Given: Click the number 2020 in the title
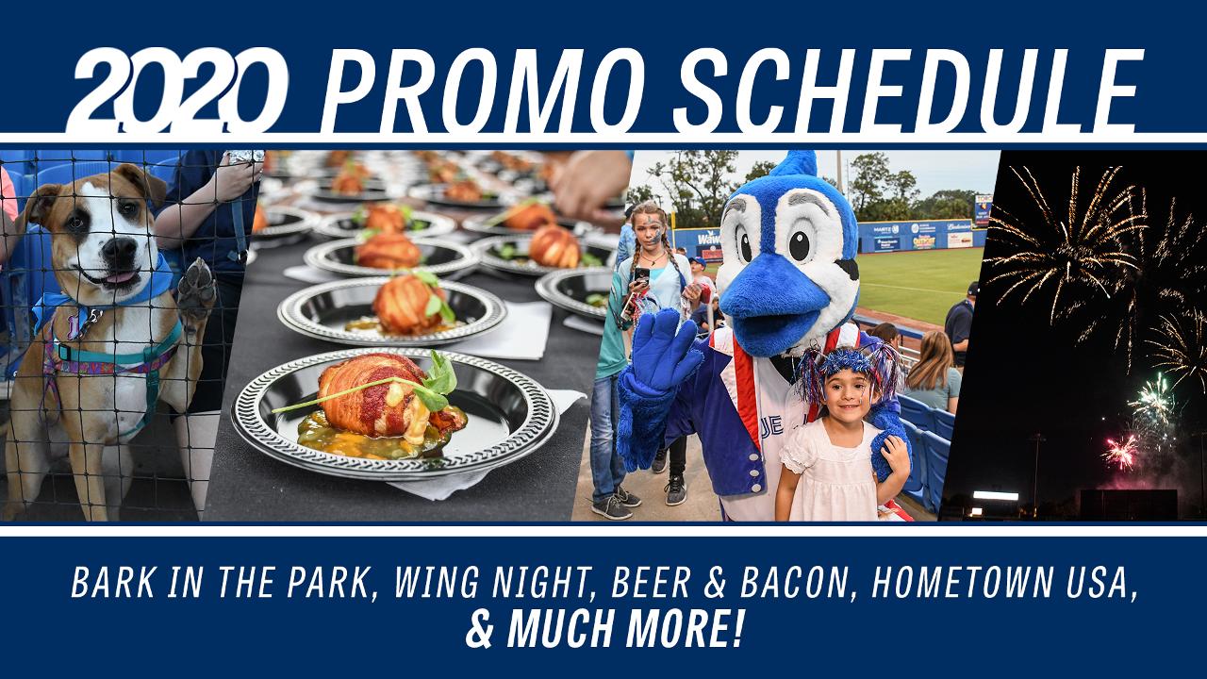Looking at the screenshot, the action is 178,89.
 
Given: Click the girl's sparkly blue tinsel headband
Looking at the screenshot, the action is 848,365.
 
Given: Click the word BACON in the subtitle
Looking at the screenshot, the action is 795,582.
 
